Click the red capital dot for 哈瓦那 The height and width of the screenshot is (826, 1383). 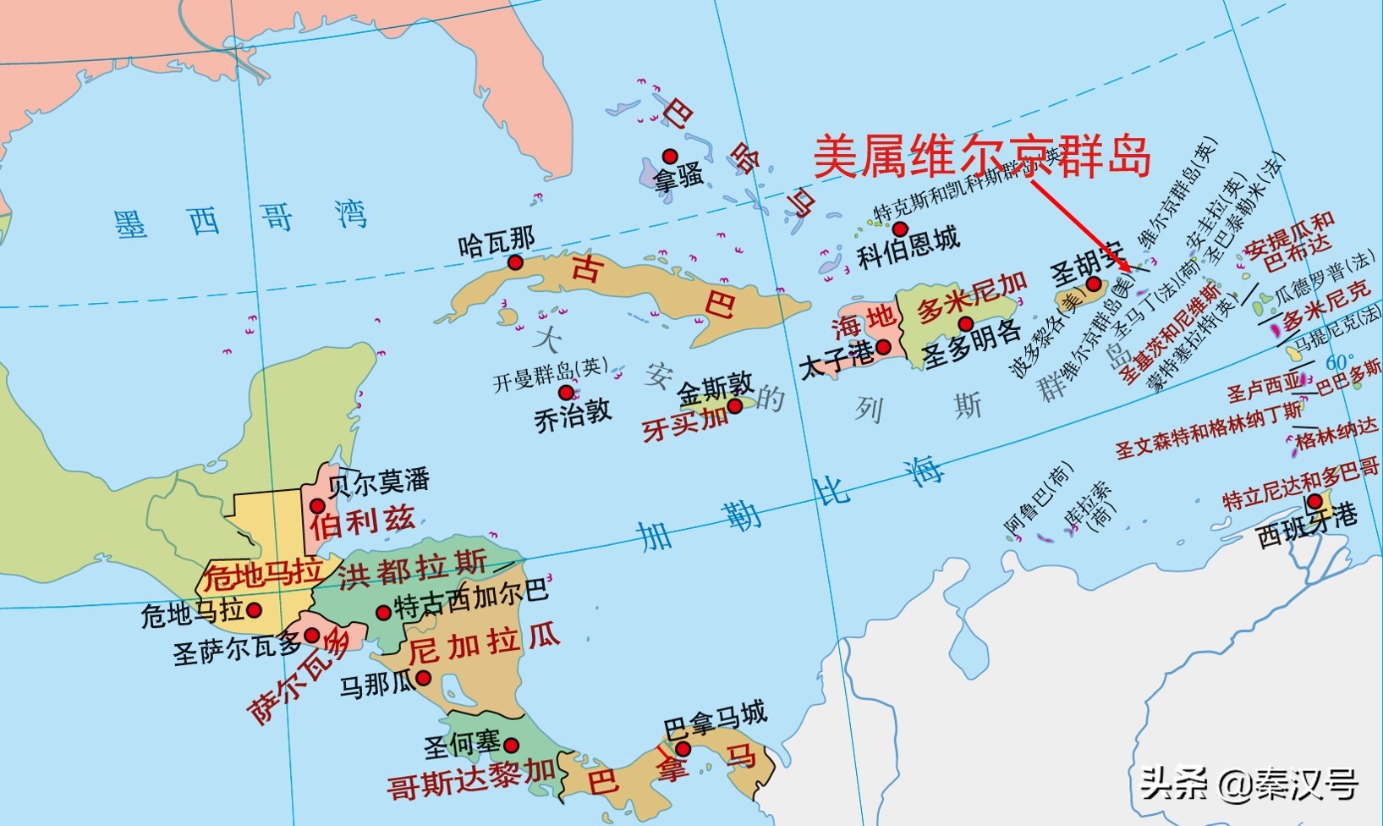515,262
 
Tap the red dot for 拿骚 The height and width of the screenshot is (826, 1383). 669,156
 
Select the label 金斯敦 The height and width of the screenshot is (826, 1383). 715,389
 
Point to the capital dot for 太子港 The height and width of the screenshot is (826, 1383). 883,346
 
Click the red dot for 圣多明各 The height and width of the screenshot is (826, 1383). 965,324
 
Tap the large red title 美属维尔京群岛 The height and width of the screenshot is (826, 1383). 982,157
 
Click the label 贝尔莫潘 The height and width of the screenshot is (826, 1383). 378,482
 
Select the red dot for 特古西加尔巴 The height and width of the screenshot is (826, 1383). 383,613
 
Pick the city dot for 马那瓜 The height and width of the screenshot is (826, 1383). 424,677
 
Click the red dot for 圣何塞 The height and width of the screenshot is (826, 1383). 511,745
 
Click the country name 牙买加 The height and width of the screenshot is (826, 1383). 685,423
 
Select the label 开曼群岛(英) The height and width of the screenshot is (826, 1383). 551,375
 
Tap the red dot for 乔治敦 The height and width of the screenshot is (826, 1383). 566,393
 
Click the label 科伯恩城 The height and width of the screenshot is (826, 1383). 908,246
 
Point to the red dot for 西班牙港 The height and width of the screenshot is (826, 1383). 1314,502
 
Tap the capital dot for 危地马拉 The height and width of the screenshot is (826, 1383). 253,609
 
